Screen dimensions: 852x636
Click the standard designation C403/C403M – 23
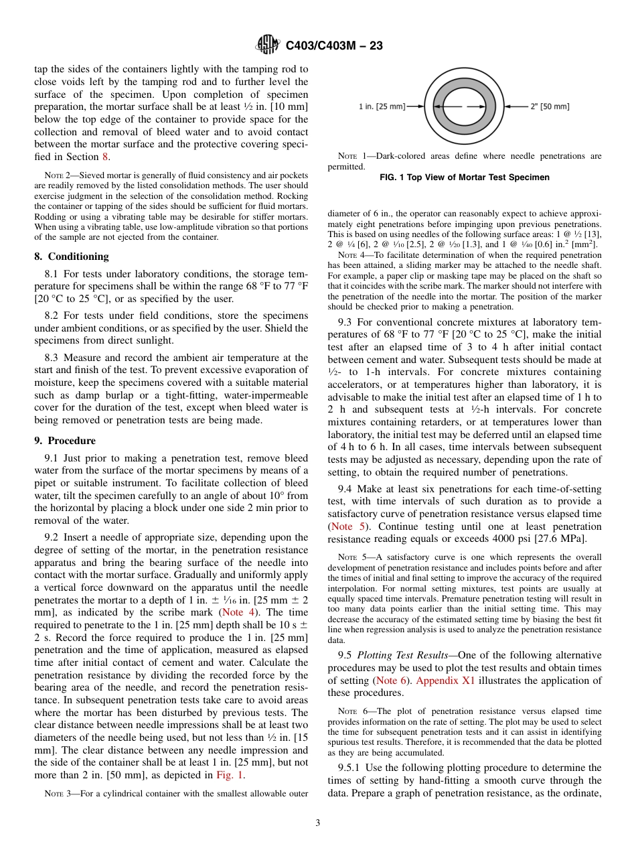(x=333, y=46)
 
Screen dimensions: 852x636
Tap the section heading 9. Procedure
(x=65, y=441)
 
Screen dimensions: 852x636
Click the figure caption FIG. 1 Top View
(x=464, y=177)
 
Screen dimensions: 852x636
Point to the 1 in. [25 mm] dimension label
(x=382, y=106)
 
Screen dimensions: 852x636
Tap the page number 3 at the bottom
(x=317, y=823)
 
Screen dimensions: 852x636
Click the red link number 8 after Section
(x=104, y=157)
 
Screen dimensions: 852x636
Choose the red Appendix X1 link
(x=447, y=681)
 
